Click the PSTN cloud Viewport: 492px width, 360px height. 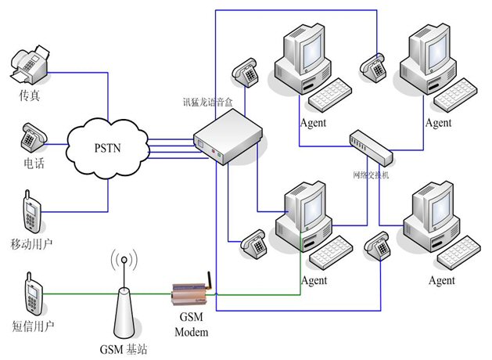click(108, 146)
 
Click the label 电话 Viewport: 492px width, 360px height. click(34, 163)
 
